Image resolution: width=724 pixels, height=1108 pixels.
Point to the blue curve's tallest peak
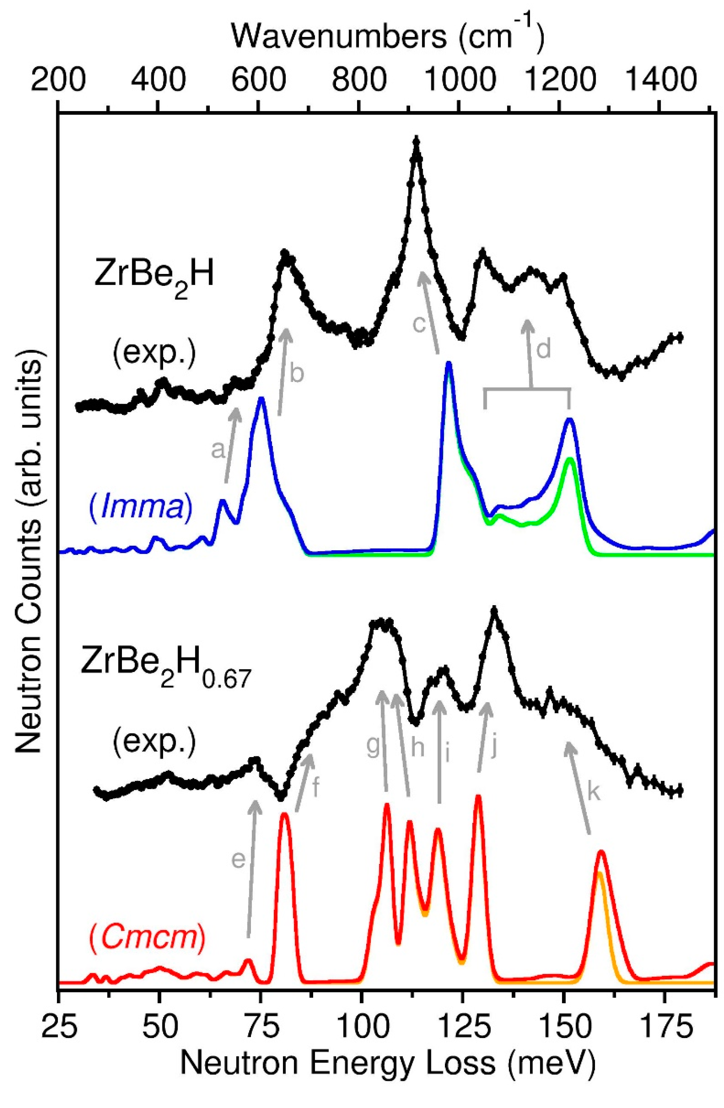click(448, 364)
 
